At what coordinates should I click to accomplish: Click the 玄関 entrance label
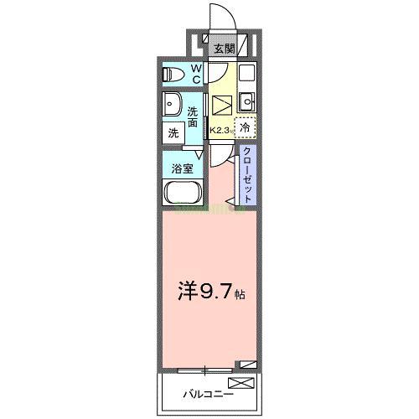[x=223, y=49]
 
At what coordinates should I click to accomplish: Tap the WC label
[x=194, y=74]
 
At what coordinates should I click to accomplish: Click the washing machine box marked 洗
[x=173, y=132]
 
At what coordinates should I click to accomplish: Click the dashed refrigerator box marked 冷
[x=245, y=128]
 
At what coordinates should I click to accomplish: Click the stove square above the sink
[x=246, y=74]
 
